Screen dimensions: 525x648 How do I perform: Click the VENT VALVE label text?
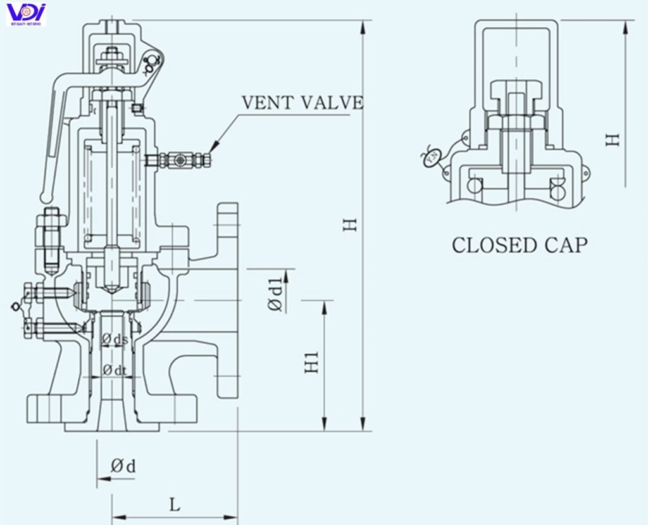(x=302, y=103)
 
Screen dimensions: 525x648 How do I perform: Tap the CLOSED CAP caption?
(x=519, y=244)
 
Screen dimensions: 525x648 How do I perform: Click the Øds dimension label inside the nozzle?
(x=115, y=340)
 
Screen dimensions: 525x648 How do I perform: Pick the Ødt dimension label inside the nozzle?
(x=115, y=369)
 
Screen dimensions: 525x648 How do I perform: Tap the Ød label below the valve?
(x=123, y=467)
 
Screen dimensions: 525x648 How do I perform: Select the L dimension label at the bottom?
(x=175, y=505)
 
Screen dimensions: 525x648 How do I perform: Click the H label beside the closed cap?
(x=612, y=139)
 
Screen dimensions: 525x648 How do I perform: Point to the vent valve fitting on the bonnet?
(x=179, y=161)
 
